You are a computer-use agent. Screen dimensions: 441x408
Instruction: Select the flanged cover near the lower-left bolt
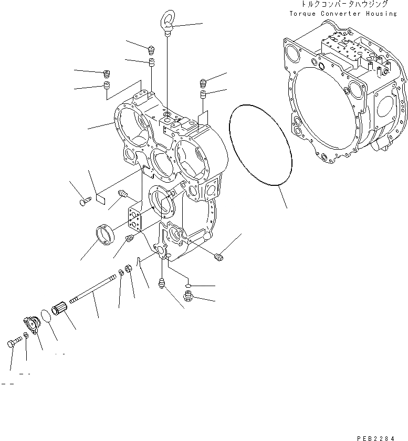point(32,325)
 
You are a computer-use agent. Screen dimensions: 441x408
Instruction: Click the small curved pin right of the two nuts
point(138,261)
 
